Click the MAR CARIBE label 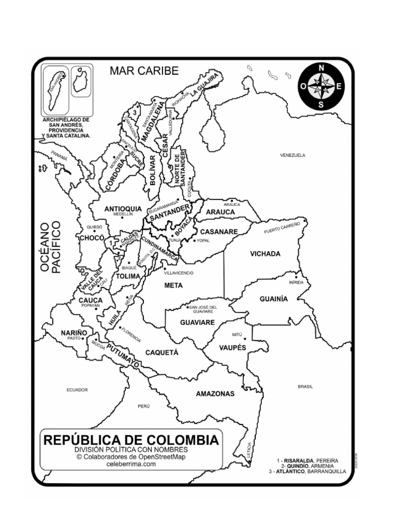point(144,71)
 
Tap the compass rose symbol point(321,87)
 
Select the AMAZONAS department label point(215,394)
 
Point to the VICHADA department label point(265,254)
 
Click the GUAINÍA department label point(273,299)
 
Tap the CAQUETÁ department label point(161,353)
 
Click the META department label point(173,285)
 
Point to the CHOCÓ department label point(91,238)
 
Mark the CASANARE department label point(219,232)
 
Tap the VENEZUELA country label point(293,155)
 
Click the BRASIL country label point(305,386)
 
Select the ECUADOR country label point(77,390)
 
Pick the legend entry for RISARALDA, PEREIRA point(308,459)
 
